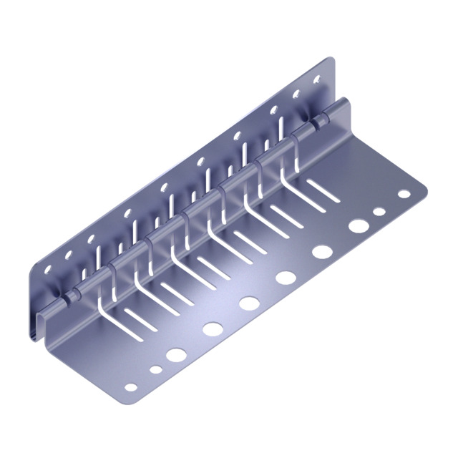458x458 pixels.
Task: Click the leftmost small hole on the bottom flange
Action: [x=130, y=387]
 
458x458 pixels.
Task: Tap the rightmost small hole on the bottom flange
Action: [x=404, y=194]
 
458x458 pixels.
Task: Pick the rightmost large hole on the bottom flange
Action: [x=359, y=225]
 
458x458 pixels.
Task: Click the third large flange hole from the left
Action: [x=249, y=303]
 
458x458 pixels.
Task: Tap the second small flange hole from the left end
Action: [x=156, y=370]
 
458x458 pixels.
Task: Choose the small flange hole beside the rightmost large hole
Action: [x=379, y=212]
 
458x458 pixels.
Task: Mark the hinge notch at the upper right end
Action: [x=315, y=122]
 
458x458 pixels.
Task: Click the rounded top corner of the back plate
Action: [x=330, y=62]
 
